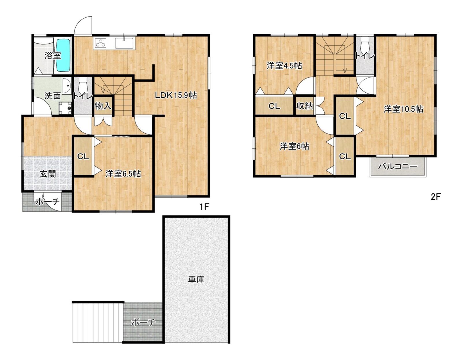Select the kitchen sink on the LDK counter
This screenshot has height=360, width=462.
124,43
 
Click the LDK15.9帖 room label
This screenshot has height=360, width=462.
176,96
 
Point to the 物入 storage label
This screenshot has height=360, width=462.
103,106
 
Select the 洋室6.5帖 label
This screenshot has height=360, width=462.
123,174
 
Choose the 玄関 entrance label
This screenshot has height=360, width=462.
48,174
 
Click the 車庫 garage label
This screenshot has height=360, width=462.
196,279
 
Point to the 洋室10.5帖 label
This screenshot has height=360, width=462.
403,109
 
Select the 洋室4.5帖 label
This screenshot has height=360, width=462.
284,66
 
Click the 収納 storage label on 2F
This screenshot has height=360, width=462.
305,106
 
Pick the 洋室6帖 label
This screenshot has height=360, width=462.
294,146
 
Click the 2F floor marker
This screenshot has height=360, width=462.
435,197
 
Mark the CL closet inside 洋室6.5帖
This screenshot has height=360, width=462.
83,157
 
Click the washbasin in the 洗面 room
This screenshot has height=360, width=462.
67,86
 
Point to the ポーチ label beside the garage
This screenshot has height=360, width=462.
143,322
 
